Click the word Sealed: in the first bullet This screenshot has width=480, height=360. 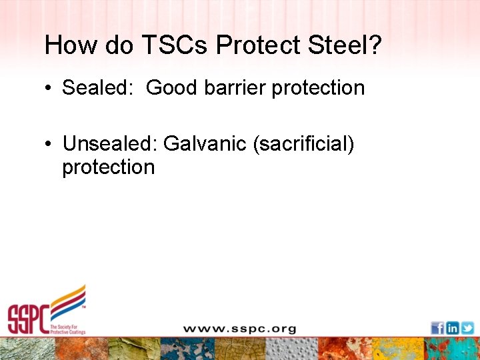click(99, 88)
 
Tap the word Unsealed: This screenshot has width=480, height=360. click(110, 143)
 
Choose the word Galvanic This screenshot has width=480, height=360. click(205, 143)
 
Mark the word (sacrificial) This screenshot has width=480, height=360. click(303, 143)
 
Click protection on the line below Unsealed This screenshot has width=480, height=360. click(108, 167)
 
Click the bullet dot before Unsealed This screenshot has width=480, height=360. click(50, 143)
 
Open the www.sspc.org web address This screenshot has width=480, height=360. click(239, 329)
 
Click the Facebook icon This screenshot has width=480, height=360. click(437, 328)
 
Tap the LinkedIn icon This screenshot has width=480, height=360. click(453, 328)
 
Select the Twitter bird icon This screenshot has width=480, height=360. click(467, 328)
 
